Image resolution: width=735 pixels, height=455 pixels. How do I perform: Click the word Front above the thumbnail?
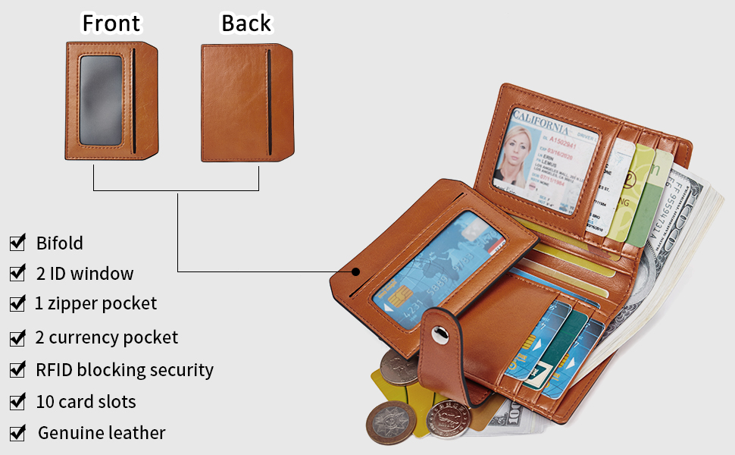pyautogui.click(x=111, y=24)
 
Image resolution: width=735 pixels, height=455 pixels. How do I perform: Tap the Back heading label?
pyautogui.click(x=246, y=24)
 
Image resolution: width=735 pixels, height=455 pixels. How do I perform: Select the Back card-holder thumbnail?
pyautogui.click(x=246, y=102)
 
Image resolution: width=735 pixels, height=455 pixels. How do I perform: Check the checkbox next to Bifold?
pyautogui.click(x=17, y=243)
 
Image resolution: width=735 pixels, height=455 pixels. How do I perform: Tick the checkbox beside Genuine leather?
pyautogui.click(x=17, y=433)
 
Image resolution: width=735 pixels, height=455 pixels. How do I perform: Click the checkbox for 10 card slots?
pyautogui.click(x=17, y=401)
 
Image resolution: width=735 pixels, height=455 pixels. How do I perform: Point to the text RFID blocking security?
pyautogui.click(x=124, y=370)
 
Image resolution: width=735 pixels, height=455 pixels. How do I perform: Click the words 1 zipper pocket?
pyautogui.click(x=95, y=303)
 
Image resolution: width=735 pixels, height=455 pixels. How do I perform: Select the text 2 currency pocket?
pyautogui.click(x=107, y=337)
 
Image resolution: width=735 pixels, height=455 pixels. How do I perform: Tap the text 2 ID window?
pyautogui.click(x=85, y=273)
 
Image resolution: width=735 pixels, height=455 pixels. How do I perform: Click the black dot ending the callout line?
pyautogui.click(x=355, y=270)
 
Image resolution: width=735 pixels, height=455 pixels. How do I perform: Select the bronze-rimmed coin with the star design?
pyautogui.click(x=391, y=422)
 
